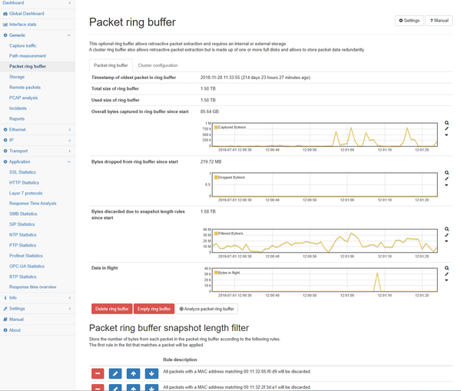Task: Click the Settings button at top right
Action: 409,21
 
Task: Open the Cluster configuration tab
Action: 158,65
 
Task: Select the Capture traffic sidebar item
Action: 22,45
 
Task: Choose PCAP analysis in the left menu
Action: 23,98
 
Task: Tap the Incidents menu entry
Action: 18,108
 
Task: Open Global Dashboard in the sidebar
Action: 26,14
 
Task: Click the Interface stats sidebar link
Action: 23,24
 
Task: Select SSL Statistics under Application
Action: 22,172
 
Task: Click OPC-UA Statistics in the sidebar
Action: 26,266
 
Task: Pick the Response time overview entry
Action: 32,287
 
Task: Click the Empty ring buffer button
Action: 154,309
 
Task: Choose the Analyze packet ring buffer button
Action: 207,309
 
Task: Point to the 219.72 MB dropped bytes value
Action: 211,162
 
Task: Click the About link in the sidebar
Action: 15,330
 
